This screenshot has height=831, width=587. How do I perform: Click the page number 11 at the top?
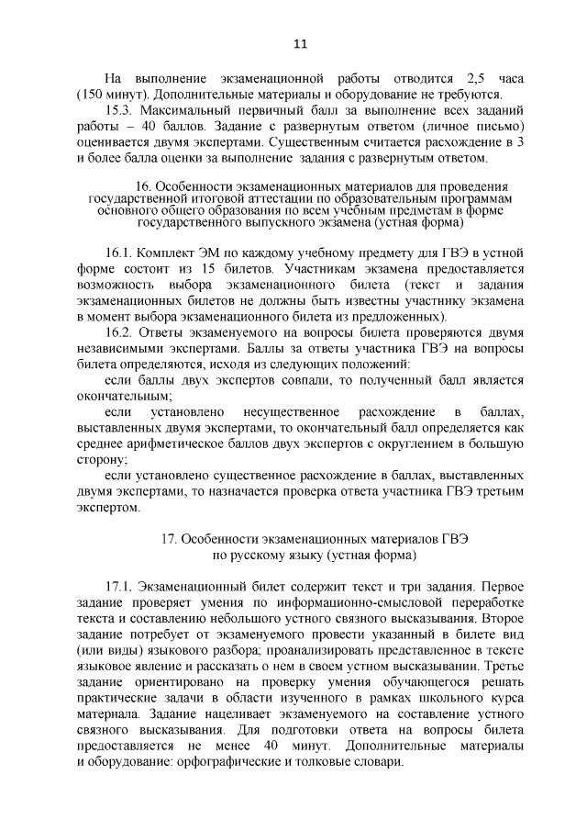[299, 43]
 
